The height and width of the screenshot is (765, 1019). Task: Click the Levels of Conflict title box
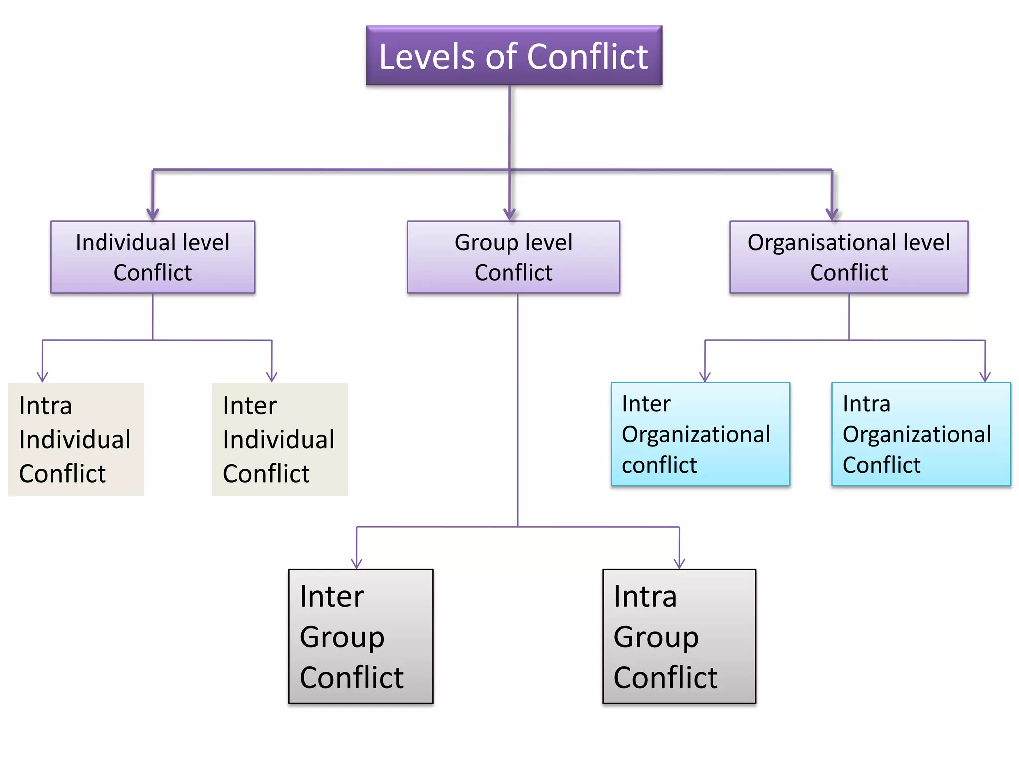[514, 56]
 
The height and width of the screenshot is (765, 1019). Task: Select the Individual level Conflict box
[153, 257]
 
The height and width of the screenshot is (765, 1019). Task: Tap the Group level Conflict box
[513, 257]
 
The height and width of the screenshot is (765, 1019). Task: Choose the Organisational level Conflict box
[849, 257]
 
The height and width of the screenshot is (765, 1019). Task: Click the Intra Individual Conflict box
[76, 439]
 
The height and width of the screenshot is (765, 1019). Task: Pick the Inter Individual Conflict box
[280, 439]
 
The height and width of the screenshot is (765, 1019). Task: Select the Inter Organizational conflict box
[700, 434]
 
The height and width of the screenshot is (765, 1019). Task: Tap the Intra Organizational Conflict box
[921, 434]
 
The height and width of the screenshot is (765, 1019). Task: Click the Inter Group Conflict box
[361, 636]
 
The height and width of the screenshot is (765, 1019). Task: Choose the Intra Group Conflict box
[679, 636]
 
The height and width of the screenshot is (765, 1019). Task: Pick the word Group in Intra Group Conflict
[656, 637]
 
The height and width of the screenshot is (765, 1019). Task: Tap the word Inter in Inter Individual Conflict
[249, 405]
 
